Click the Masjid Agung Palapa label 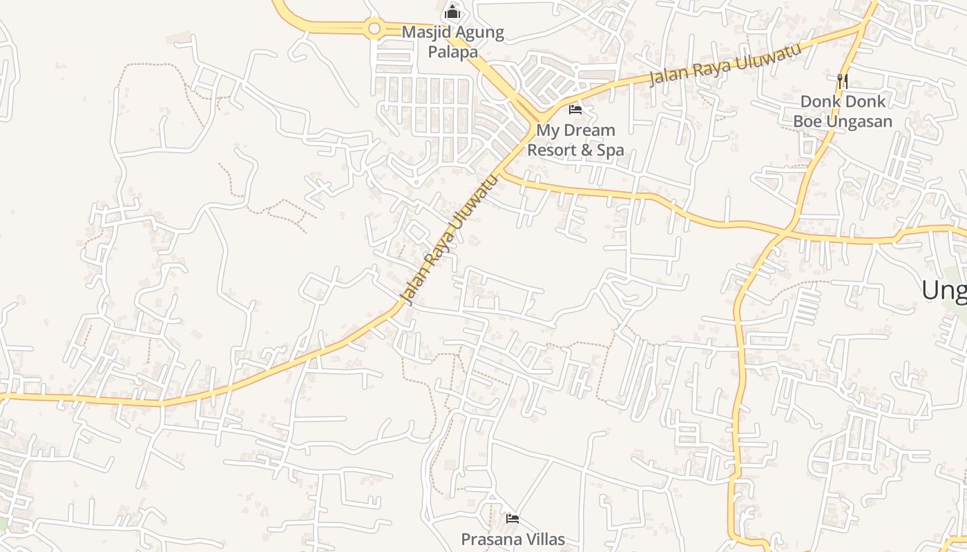[x=452, y=41]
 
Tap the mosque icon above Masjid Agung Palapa [x=452, y=12]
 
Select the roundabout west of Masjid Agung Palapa [x=374, y=28]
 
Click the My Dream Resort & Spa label [x=575, y=140]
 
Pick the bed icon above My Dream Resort [x=575, y=109]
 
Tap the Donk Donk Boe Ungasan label [x=842, y=111]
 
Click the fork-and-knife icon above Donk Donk [x=842, y=81]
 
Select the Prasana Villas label [x=513, y=539]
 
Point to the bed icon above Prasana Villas [x=512, y=518]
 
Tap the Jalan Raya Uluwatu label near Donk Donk [x=725, y=63]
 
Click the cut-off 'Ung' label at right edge [x=944, y=290]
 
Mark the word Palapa [x=452, y=51]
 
